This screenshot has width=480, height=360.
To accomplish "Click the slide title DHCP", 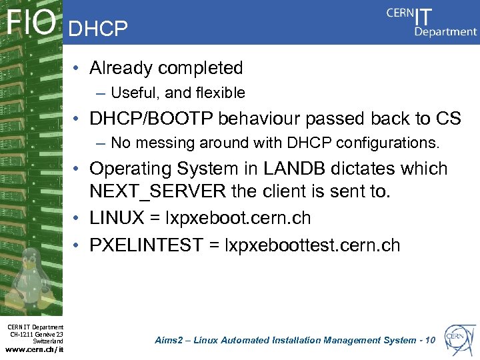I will [x=98, y=28].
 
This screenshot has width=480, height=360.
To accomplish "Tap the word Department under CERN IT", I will [x=445, y=31].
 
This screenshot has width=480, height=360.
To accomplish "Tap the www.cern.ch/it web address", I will [x=34, y=348].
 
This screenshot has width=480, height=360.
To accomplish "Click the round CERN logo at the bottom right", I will [x=458, y=337].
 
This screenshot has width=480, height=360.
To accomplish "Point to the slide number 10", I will [x=429, y=341].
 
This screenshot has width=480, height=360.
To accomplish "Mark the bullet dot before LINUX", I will [x=78, y=219].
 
